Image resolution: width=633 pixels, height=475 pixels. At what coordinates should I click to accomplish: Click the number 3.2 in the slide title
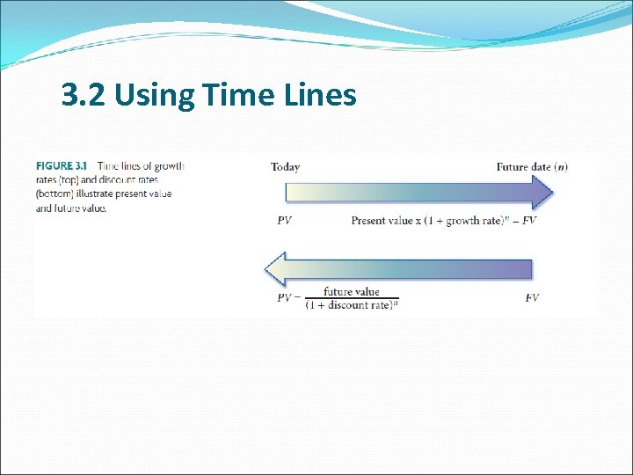coord(84,94)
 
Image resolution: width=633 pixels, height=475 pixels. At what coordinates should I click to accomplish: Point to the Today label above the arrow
coord(285,167)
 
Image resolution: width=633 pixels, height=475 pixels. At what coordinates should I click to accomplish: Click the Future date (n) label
coord(532,167)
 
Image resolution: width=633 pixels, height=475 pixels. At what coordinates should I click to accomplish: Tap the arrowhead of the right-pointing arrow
coord(542,192)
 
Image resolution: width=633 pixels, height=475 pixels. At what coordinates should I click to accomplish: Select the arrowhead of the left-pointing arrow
coord(276,268)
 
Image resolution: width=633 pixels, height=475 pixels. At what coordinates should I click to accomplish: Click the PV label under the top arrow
coord(284,221)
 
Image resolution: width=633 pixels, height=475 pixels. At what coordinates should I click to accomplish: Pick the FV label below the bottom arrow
coord(532,298)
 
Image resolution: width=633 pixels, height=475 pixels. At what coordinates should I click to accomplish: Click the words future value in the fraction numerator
coord(351,291)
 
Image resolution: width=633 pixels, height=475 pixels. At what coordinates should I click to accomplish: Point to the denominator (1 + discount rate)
coord(348,305)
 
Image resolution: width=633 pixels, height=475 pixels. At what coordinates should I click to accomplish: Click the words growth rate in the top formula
coord(474,221)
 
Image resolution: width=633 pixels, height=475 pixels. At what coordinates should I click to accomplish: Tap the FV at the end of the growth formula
coord(529,221)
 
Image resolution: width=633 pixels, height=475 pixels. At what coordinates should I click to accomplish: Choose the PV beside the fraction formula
coord(284,298)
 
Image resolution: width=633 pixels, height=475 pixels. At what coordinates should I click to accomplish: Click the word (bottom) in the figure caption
coord(55,194)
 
